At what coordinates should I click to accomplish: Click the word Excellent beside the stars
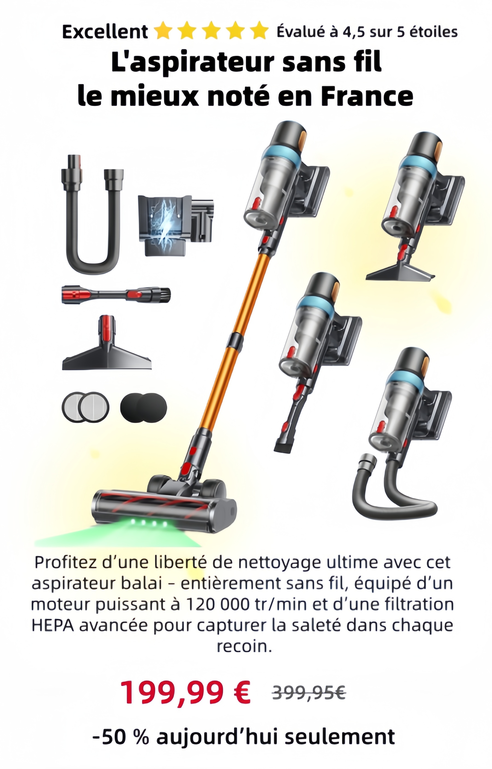[x=105, y=32]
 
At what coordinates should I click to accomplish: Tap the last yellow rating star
[x=259, y=30]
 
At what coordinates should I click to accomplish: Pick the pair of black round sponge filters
[x=143, y=408]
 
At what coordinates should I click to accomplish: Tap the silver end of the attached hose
[x=368, y=462]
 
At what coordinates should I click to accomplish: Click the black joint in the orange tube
[x=235, y=341]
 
